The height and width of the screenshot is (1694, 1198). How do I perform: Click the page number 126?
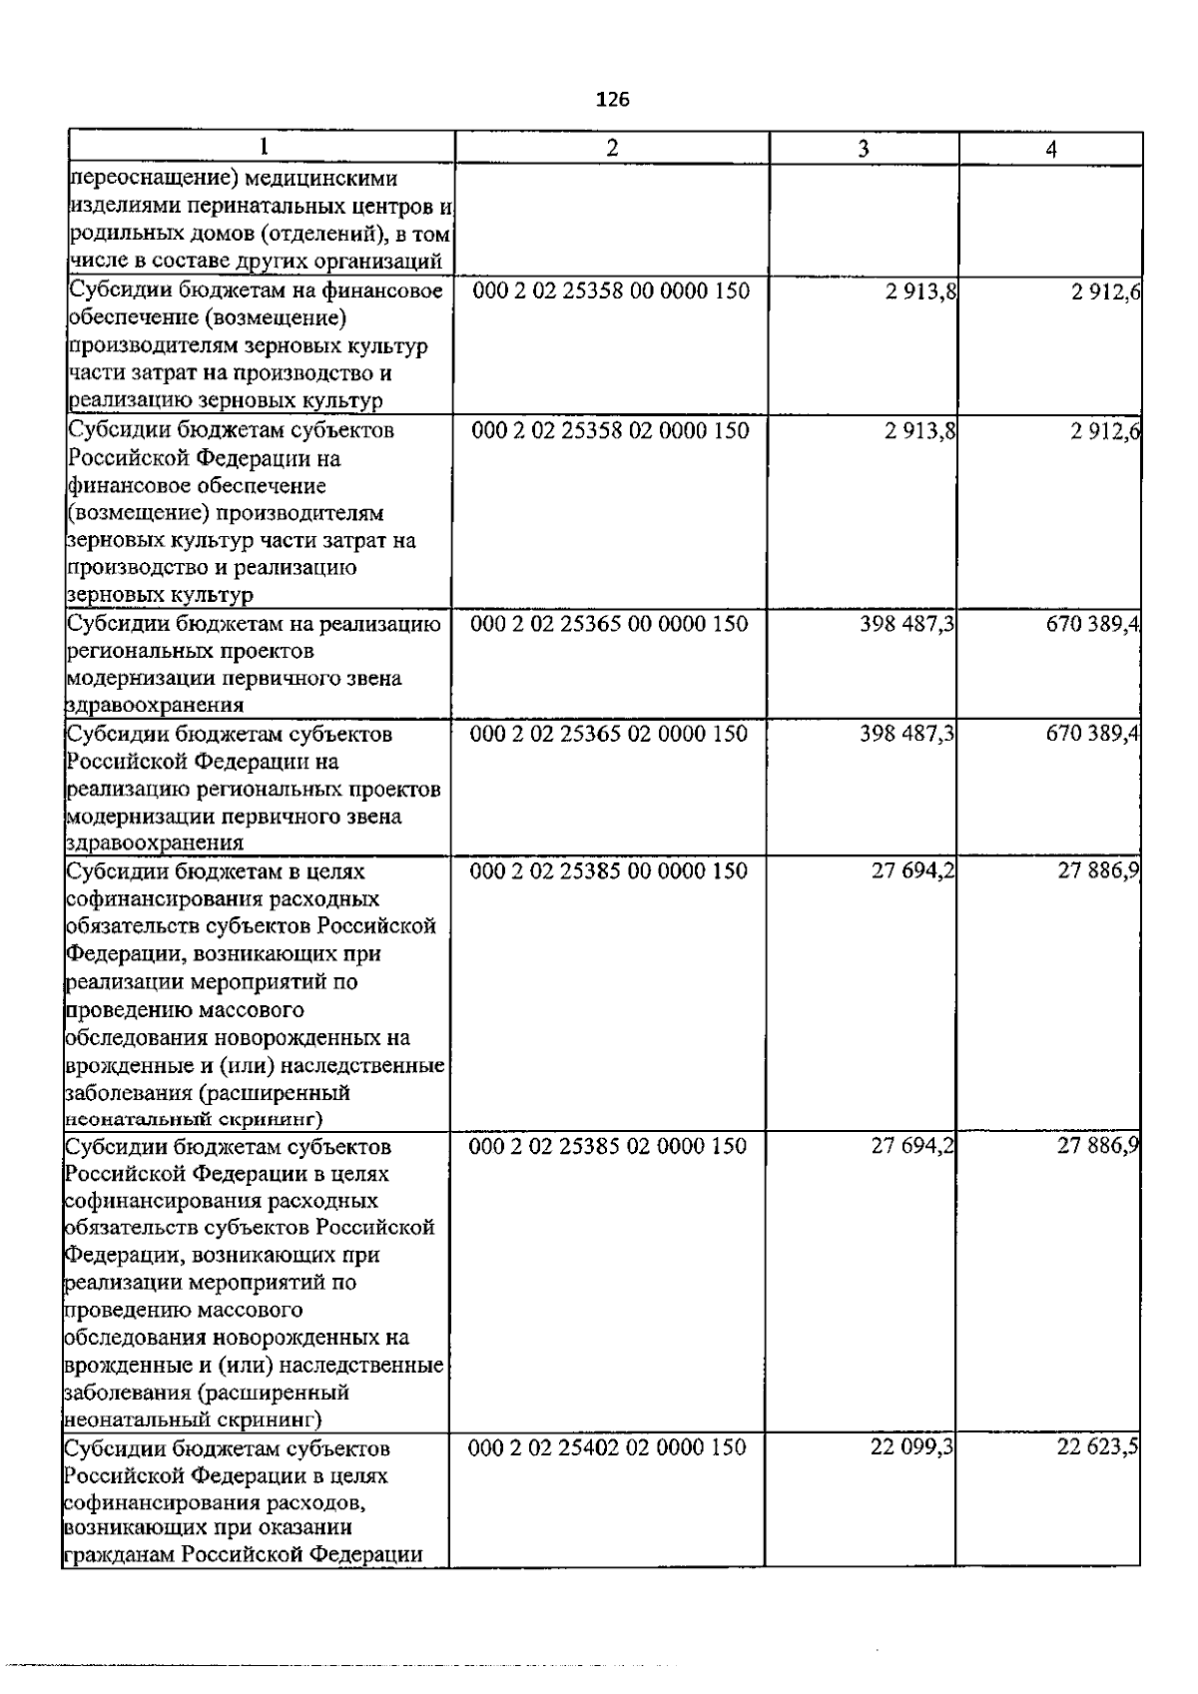pos(612,99)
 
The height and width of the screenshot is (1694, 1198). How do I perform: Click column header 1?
pos(263,147)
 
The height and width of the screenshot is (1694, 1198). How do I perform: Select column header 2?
pos(612,148)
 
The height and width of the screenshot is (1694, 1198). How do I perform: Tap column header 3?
pos(863,149)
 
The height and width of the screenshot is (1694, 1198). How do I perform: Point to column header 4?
pos(1050,150)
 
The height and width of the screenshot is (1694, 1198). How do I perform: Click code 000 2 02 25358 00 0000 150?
pos(610,291)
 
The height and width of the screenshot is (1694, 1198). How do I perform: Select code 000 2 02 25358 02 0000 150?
pos(610,430)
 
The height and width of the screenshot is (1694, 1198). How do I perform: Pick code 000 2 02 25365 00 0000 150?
pos(609,624)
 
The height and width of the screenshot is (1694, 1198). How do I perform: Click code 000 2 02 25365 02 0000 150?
pos(609,734)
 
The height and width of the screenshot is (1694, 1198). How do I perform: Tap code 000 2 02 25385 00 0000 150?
pos(609,870)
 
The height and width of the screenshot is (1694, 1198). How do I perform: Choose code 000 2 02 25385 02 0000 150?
pos(608,1146)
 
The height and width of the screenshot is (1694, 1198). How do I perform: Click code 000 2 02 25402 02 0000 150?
pos(607,1447)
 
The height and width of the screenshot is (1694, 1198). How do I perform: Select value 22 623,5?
pos(1098,1447)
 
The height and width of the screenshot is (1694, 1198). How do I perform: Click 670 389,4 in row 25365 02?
pos(1093,734)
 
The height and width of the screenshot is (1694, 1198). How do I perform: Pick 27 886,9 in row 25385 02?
pos(1099,1146)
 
